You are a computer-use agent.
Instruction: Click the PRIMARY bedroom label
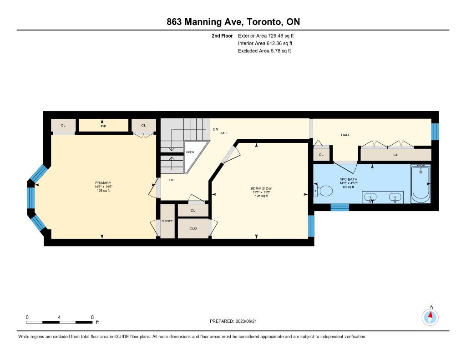(x=103, y=183)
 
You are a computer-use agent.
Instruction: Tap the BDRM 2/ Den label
(x=262, y=188)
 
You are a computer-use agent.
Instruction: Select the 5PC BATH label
(x=349, y=180)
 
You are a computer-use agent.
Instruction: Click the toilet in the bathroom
(x=323, y=191)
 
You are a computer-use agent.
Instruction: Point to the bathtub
(x=420, y=184)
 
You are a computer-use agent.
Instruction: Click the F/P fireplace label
(x=103, y=127)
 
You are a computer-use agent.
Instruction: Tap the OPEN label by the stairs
(x=190, y=152)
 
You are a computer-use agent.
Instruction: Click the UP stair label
(x=172, y=180)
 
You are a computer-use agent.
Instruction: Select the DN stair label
(x=216, y=129)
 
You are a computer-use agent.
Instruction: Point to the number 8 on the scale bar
(x=92, y=317)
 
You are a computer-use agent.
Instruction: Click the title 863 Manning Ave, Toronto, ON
(x=233, y=22)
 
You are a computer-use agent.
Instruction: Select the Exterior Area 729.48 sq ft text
(x=266, y=36)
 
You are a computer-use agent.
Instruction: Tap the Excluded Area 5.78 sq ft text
(x=264, y=51)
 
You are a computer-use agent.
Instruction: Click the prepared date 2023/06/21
(x=246, y=321)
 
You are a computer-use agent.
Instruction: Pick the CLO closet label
(x=193, y=228)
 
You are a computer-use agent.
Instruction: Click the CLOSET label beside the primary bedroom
(x=167, y=221)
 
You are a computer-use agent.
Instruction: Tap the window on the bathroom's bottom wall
(x=339, y=207)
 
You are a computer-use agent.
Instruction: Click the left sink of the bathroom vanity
(x=370, y=197)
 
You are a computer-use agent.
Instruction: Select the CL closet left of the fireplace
(x=63, y=125)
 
